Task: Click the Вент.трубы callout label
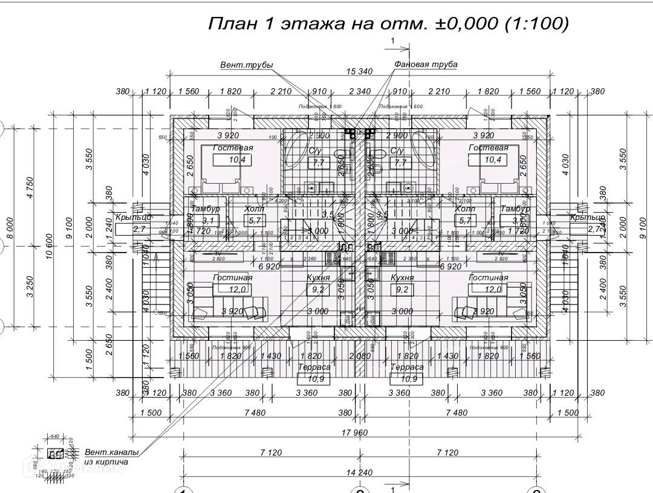click(x=246, y=65)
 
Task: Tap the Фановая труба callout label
click(x=426, y=64)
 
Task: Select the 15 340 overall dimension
click(x=359, y=71)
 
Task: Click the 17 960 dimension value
click(x=359, y=432)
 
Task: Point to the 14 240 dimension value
click(x=359, y=472)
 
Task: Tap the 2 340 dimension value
click(x=360, y=92)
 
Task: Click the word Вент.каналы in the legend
click(x=111, y=452)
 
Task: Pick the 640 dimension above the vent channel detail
click(x=54, y=436)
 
